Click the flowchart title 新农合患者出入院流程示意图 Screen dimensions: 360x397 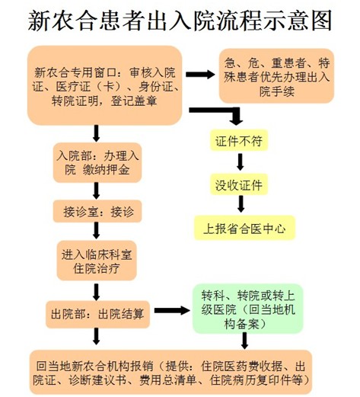180,21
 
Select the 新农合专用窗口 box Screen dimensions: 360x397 105,85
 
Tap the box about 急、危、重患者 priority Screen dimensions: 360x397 276,76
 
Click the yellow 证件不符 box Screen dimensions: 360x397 239,140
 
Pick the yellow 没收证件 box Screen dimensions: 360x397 239,184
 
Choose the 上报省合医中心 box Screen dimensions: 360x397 244,228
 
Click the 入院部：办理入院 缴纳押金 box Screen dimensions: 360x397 97,162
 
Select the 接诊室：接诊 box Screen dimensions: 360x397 97,211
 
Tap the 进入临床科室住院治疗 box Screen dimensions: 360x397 97,261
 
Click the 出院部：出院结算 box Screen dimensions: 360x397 97,314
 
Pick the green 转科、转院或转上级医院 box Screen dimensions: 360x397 248,309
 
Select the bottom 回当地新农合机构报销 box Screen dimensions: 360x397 170,373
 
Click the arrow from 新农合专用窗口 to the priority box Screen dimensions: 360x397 200,75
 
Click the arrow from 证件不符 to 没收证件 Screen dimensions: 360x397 240,162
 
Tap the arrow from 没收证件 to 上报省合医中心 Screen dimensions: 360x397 241,204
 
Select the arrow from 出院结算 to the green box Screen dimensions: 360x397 172,310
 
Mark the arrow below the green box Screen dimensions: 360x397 244,341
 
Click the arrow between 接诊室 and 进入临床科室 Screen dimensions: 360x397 96,231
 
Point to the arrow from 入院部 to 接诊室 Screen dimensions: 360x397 96,191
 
